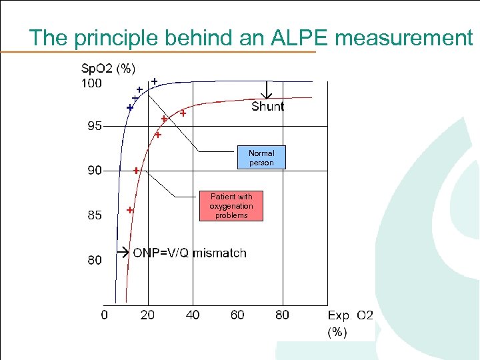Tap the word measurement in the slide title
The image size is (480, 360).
(x=403, y=38)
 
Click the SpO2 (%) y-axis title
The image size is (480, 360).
(x=109, y=68)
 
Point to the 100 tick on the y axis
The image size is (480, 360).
(x=91, y=83)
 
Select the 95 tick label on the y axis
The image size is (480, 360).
(x=94, y=127)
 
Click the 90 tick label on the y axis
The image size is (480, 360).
(x=94, y=171)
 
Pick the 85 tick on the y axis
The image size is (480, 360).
(x=94, y=215)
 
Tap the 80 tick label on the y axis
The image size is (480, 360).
(x=94, y=260)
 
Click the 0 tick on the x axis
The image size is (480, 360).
(x=104, y=315)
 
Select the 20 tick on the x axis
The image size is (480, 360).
(x=147, y=315)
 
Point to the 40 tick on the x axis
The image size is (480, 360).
(x=193, y=315)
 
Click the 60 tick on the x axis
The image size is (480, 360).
(x=237, y=315)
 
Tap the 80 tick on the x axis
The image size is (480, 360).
(x=282, y=315)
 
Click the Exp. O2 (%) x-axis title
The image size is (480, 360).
(x=350, y=323)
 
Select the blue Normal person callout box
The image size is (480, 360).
(x=261, y=158)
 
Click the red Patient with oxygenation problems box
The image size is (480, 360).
(x=231, y=206)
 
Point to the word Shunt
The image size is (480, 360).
(x=267, y=107)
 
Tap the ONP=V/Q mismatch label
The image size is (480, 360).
(x=189, y=253)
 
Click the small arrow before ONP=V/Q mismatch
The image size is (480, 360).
(x=123, y=253)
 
